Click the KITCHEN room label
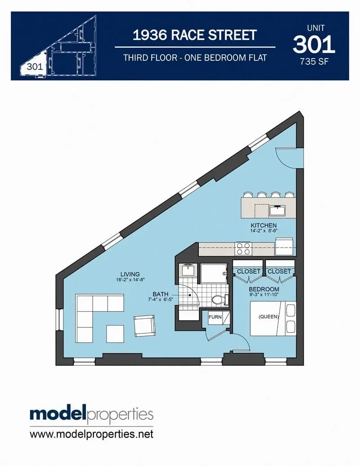[x=263, y=225]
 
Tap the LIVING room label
[x=130, y=274]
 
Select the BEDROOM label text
[x=264, y=289]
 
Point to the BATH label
[x=160, y=294]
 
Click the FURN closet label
[x=215, y=317]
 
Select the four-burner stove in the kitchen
[x=243, y=249]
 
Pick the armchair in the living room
[x=144, y=326]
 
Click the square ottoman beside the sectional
[x=115, y=334]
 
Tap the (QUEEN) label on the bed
[x=269, y=317]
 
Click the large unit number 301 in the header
[x=314, y=44]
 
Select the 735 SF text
[x=314, y=62]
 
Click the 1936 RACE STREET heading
[x=194, y=35]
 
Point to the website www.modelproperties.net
[x=91, y=434]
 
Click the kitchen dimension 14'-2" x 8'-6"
[x=264, y=231]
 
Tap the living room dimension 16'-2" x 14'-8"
[x=130, y=279]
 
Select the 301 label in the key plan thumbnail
[x=35, y=67]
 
